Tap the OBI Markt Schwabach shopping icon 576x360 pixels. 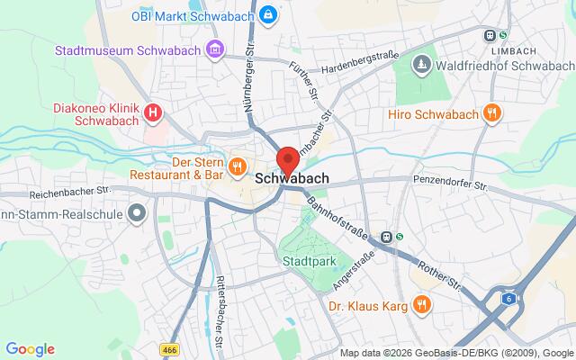pos(268,15)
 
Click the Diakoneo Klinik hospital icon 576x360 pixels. pos(154,112)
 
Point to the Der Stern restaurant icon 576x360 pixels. pos(238,166)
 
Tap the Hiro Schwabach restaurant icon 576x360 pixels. pos(491,113)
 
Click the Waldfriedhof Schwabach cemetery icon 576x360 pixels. pos(421,65)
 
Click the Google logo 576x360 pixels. pos(30,349)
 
